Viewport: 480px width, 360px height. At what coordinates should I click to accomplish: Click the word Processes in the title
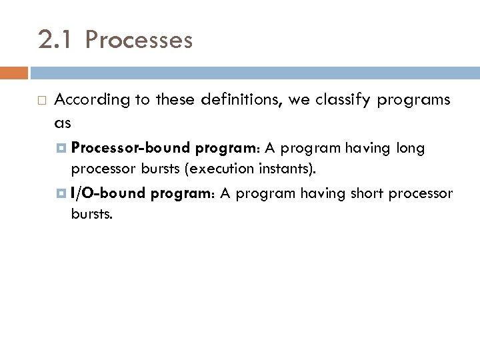[x=139, y=41]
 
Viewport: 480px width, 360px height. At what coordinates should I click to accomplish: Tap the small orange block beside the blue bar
[x=14, y=73]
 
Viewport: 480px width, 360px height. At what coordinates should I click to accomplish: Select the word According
[x=92, y=100]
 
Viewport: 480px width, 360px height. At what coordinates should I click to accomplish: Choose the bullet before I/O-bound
[x=63, y=194]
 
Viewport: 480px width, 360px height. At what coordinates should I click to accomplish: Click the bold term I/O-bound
[x=108, y=193]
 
